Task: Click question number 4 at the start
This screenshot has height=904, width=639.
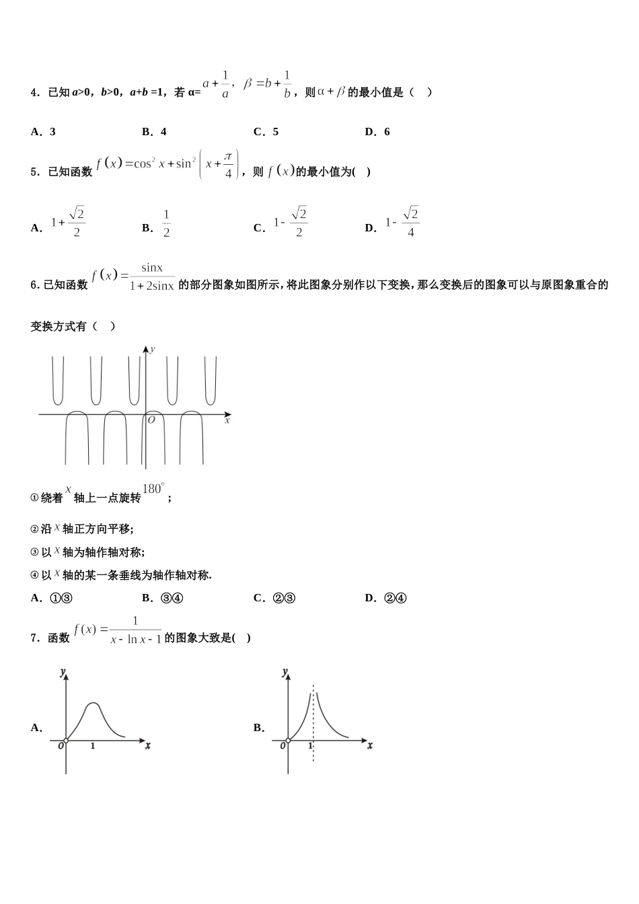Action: (x=35, y=93)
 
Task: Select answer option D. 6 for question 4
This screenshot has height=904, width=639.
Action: (x=377, y=132)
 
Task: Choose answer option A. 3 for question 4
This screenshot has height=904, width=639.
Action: (x=43, y=132)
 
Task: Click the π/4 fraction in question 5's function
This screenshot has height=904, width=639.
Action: (x=228, y=165)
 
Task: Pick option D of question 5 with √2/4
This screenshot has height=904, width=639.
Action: (x=402, y=223)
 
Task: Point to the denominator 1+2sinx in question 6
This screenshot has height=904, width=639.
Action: (x=152, y=286)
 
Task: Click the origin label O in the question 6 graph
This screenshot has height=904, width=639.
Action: (x=151, y=420)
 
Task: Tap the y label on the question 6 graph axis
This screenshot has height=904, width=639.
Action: (x=153, y=348)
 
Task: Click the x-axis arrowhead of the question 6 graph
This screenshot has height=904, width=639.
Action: (x=229, y=414)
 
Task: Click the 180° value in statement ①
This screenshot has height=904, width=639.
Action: (x=153, y=489)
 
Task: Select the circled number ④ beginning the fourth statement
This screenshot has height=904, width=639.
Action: (x=34, y=575)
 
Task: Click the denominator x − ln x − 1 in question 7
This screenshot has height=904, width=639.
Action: (x=136, y=640)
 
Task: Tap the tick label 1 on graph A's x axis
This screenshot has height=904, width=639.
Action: (x=92, y=747)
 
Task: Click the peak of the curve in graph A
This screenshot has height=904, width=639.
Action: (x=93, y=704)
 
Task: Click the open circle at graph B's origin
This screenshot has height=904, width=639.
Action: (x=288, y=741)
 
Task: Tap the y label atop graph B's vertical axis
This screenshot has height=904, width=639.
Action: (x=285, y=672)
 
